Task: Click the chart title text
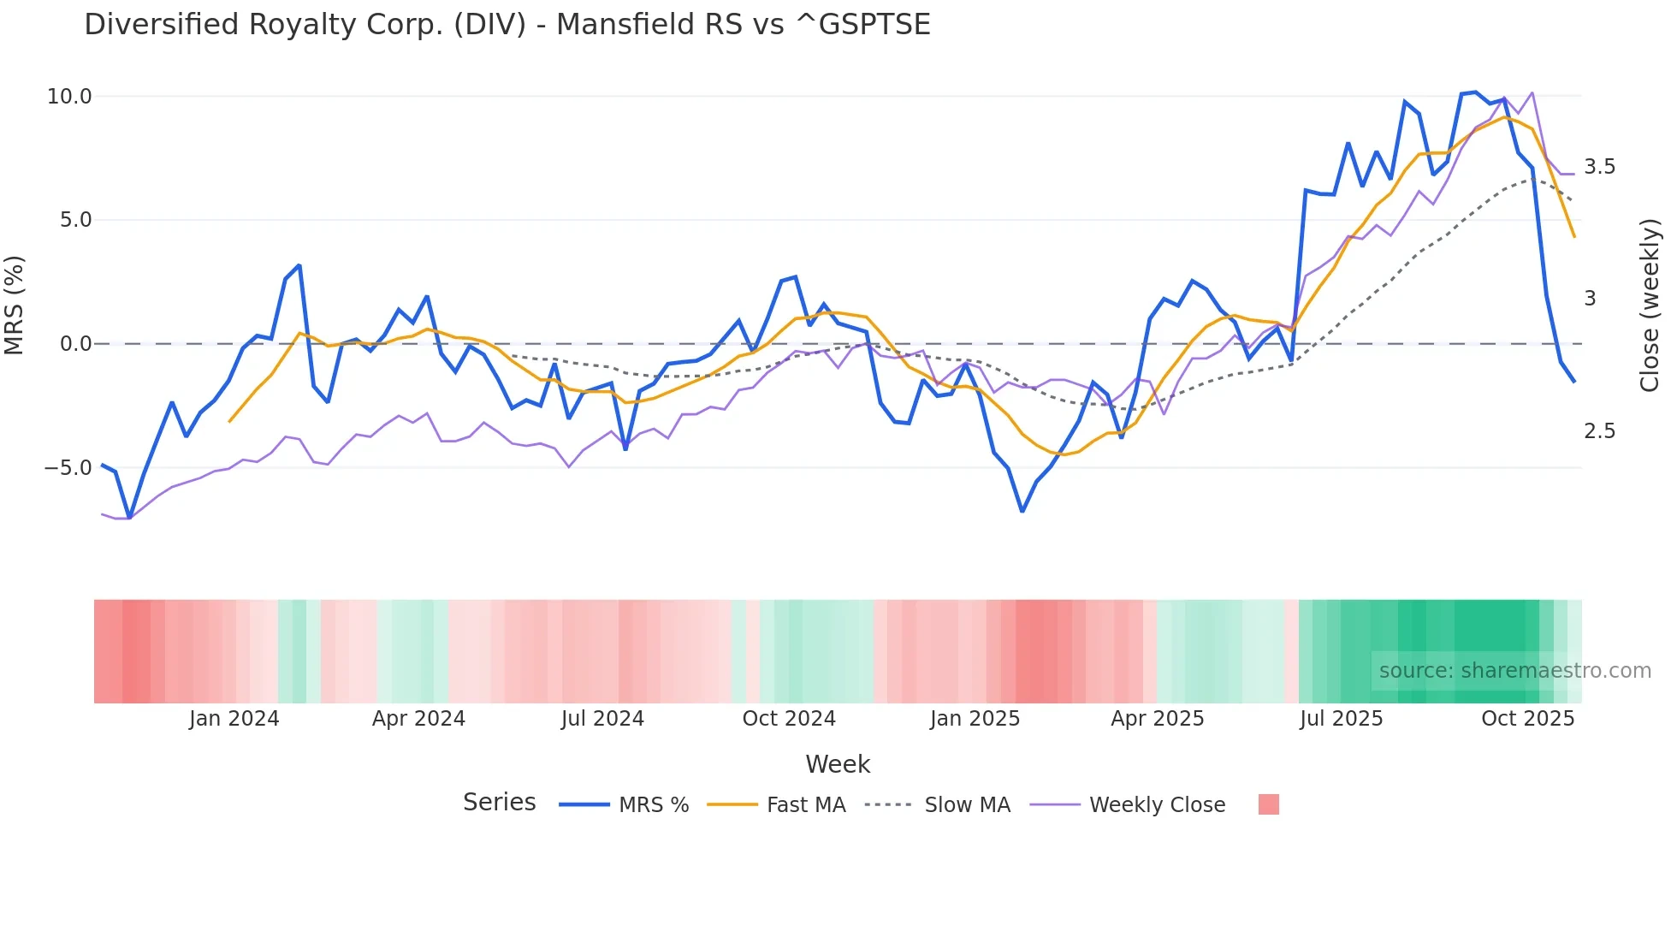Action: (x=507, y=25)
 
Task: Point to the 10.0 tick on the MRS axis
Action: (x=69, y=97)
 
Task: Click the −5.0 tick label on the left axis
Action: (x=68, y=468)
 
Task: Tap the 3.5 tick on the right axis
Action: (x=1599, y=167)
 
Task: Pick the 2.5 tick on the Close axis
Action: (x=1599, y=431)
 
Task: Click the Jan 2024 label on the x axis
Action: (x=234, y=719)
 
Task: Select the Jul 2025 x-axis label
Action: (x=1341, y=719)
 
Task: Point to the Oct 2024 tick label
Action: (x=788, y=719)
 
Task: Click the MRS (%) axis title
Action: (x=15, y=305)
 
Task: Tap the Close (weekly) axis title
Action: (x=1650, y=305)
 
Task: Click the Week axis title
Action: (x=838, y=764)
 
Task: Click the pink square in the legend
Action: (x=1269, y=804)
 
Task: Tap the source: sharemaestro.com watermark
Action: (x=1514, y=671)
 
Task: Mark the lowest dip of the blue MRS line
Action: (x=129, y=518)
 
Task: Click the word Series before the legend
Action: (x=499, y=803)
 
